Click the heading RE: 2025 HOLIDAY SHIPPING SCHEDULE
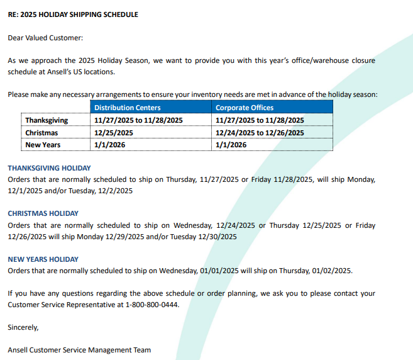pos(73,14)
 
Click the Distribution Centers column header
pos(127,108)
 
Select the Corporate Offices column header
pos(245,108)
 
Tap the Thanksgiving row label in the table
pos(47,120)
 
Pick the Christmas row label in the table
pos(41,133)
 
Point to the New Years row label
pos(43,145)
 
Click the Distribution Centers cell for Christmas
pos(114,133)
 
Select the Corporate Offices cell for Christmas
pos(260,133)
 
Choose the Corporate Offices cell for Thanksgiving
pos(260,120)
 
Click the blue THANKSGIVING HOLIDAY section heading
pos(49,168)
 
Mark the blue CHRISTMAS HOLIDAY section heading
pos(43,213)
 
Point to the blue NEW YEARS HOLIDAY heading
pos(43,259)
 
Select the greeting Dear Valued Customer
pos(45,38)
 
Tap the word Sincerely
pos(23,327)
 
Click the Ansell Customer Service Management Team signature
pos(79,350)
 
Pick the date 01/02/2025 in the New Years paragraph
pos(332,271)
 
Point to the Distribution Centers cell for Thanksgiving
pos(138,120)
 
